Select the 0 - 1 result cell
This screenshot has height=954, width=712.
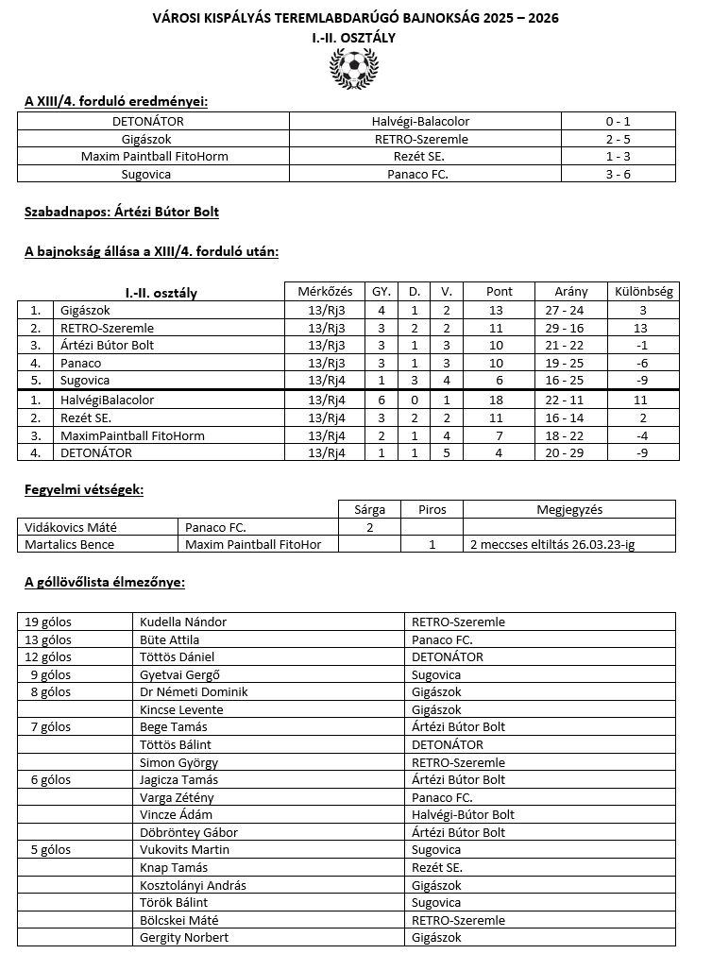tap(619, 121)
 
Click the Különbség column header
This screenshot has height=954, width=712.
tap(643, 292)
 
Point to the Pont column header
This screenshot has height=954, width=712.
tap(500, 292)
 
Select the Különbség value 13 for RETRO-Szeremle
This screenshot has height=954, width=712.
tap(642, 328)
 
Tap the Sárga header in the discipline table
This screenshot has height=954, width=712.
tap(369, 509)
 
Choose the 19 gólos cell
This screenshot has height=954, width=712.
tap(48, 622)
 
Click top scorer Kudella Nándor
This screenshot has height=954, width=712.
tap(183, 622)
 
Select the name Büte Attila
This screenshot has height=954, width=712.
tap(169, 639)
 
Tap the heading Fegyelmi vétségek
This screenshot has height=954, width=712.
tap(84, 489)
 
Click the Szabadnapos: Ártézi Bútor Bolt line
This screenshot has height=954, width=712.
tap(122, 212)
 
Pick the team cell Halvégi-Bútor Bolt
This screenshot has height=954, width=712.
tap(464, 814)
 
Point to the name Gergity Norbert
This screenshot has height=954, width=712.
tap(184, 937)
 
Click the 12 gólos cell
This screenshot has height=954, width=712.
tap(48, 656)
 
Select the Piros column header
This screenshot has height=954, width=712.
tap(432, 509)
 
